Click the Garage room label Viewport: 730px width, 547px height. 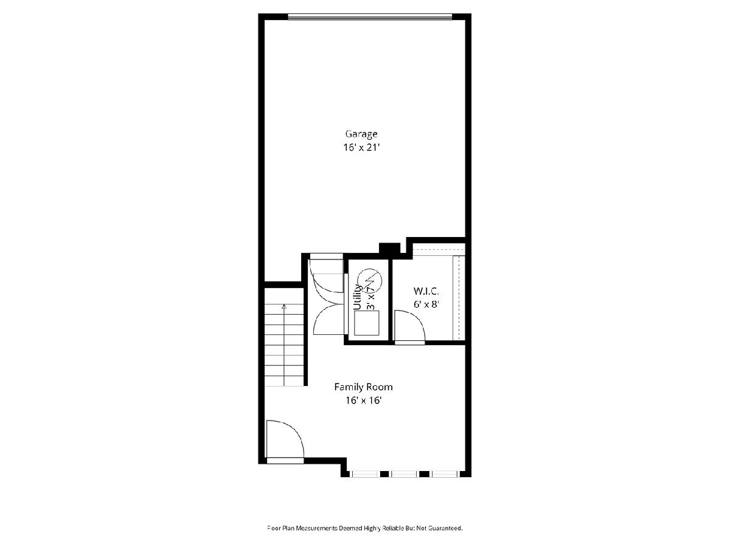(x=361, y=134)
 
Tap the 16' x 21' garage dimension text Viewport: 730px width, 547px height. (x=361, y=148)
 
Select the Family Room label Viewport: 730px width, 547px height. (x=363, y=387)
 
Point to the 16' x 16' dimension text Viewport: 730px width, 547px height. (x=363, y=401)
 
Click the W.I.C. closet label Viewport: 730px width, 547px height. (x=426, y=291)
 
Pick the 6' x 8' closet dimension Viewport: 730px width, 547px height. (x=426, y=304)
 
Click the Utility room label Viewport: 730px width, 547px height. (x=358, y=297)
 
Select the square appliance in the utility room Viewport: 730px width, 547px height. (x=367, y=323)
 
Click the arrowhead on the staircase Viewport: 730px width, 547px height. (x=284, y=306)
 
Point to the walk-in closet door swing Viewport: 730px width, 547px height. (x=409, y=326)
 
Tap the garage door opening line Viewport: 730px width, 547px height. (x=370, y=16)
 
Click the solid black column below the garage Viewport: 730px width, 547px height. (x=389, y=249)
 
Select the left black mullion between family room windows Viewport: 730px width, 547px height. (x=384, y=474)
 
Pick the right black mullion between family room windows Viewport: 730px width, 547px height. (x=423, y=474)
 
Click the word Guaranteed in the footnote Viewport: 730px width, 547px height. (x=445, y=528)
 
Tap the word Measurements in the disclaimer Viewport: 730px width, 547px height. (x=317, y=528)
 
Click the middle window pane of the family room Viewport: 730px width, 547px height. (x=404, y=474)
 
